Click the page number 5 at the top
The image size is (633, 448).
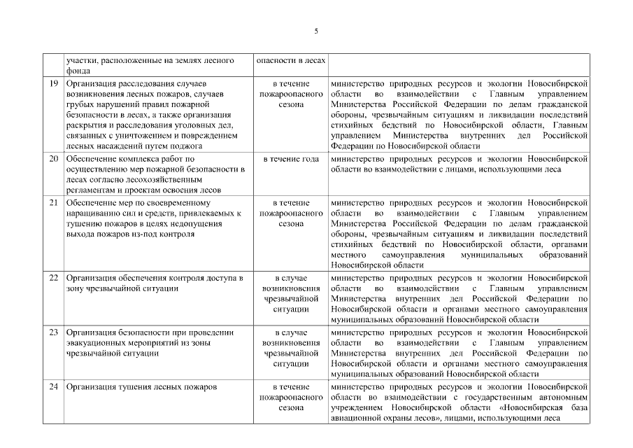tap(316, 31)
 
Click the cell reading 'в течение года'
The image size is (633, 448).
tap(291, 159)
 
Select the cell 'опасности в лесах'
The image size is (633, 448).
tap(291, 60)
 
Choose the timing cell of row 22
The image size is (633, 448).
tap(291, 293)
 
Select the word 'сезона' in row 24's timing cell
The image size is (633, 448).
tap(291, 407)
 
